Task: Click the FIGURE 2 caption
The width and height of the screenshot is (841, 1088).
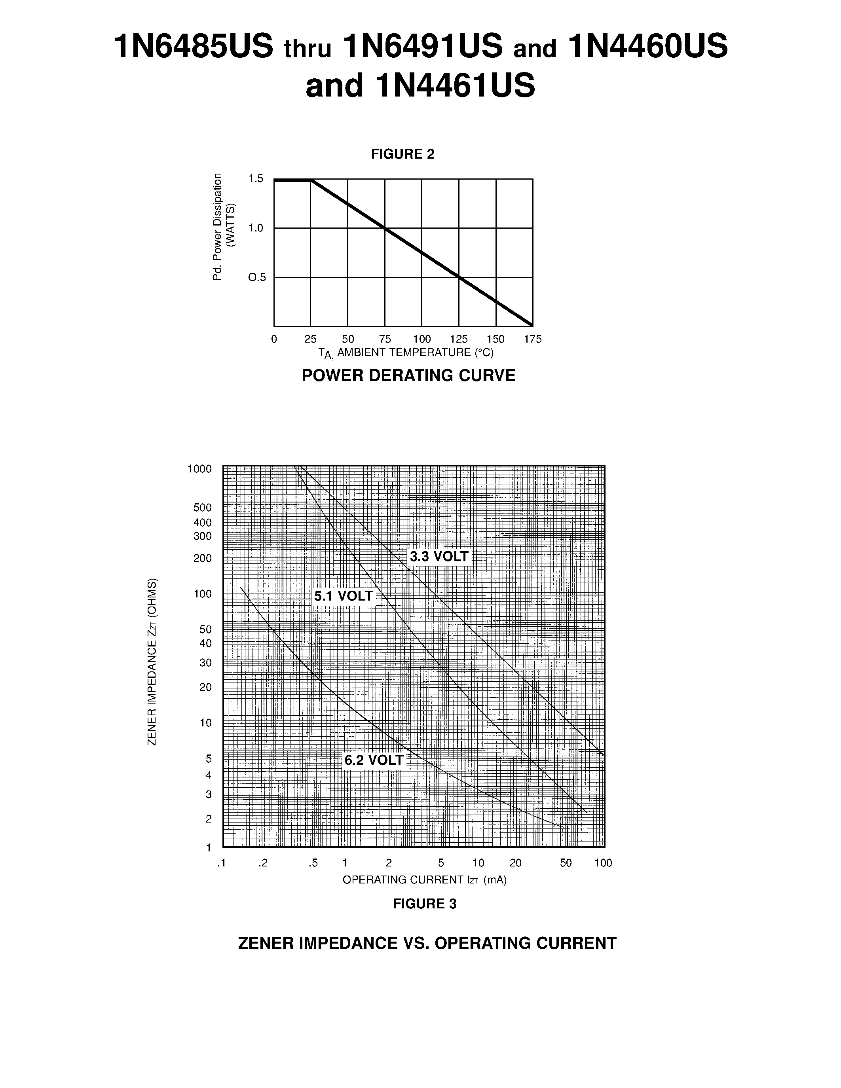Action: [x=402, y=154]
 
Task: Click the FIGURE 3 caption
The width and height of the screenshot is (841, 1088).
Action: [x=425, y=904]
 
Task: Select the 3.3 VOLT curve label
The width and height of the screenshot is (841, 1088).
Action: [x=439, y=556]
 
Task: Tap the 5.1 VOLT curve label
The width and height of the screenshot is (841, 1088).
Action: [x=343, y=596]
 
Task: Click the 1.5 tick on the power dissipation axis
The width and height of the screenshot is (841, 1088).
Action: [x=256, y=179]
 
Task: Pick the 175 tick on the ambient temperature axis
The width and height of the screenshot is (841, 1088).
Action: [x=533, y=339]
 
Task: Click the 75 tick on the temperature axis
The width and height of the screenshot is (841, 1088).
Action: [x=385, y=339]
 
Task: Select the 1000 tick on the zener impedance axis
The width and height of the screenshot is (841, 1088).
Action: [x=199, y=469]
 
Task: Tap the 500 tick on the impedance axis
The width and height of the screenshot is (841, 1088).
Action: [x=202, y=508]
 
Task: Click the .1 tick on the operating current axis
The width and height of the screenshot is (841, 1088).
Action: [x=222, y=863]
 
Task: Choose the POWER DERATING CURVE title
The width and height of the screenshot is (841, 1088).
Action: [x=408, y=375]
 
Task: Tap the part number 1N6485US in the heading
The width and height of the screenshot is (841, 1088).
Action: [x=194, y=47]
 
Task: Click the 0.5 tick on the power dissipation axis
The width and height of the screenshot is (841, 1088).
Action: [x=257, y=277]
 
